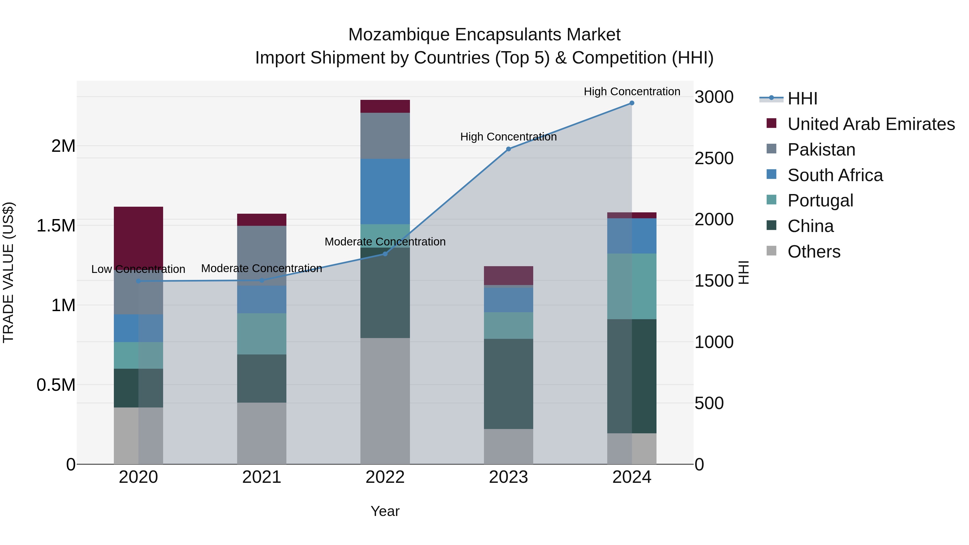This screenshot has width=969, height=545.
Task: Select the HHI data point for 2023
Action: point(508,149)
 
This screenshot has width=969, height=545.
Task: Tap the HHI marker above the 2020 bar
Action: point(138,281)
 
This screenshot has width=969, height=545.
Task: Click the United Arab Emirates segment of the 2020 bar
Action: point(138,237)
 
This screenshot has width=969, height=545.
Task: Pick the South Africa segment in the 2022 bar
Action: point(385,192)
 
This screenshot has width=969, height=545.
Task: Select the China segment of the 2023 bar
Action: point(508,384)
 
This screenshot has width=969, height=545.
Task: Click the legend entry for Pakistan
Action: point(821,150)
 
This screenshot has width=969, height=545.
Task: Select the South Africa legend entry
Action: point(835,175)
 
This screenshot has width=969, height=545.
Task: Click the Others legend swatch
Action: point(771,251)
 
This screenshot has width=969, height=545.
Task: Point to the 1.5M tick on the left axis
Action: point(56,226)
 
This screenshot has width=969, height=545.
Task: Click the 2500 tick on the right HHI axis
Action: point(714,158)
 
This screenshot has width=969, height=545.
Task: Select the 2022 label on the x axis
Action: point(385,477)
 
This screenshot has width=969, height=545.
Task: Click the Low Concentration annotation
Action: point(138,269)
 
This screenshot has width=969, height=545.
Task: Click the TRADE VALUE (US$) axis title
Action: point(8,272)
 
